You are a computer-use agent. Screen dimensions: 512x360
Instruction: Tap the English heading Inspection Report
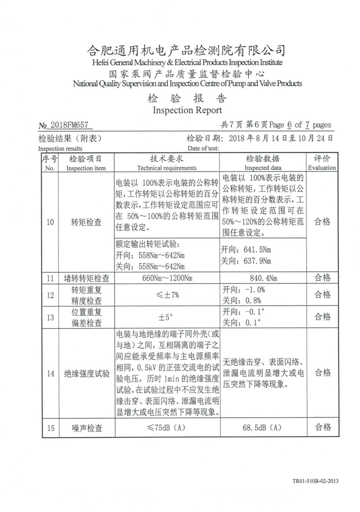(187, 110)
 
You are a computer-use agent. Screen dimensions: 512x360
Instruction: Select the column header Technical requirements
(166, 168)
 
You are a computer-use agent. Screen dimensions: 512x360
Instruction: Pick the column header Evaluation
(322, 168)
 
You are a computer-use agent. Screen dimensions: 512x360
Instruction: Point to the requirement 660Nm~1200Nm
(166, 278)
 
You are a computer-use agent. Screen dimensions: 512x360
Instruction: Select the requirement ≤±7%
(166, 295)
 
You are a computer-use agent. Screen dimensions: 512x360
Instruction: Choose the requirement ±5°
(166, 317)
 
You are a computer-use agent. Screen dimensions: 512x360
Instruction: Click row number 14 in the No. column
(50, 373)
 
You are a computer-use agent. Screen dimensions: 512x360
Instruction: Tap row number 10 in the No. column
(50, 222)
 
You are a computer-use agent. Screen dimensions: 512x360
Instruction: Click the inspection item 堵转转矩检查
(86, 278)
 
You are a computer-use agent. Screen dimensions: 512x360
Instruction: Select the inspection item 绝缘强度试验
(86, 373)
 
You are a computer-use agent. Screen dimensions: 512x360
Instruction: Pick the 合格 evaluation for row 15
(322, 427)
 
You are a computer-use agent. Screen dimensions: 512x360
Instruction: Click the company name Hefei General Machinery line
(187, 62)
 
